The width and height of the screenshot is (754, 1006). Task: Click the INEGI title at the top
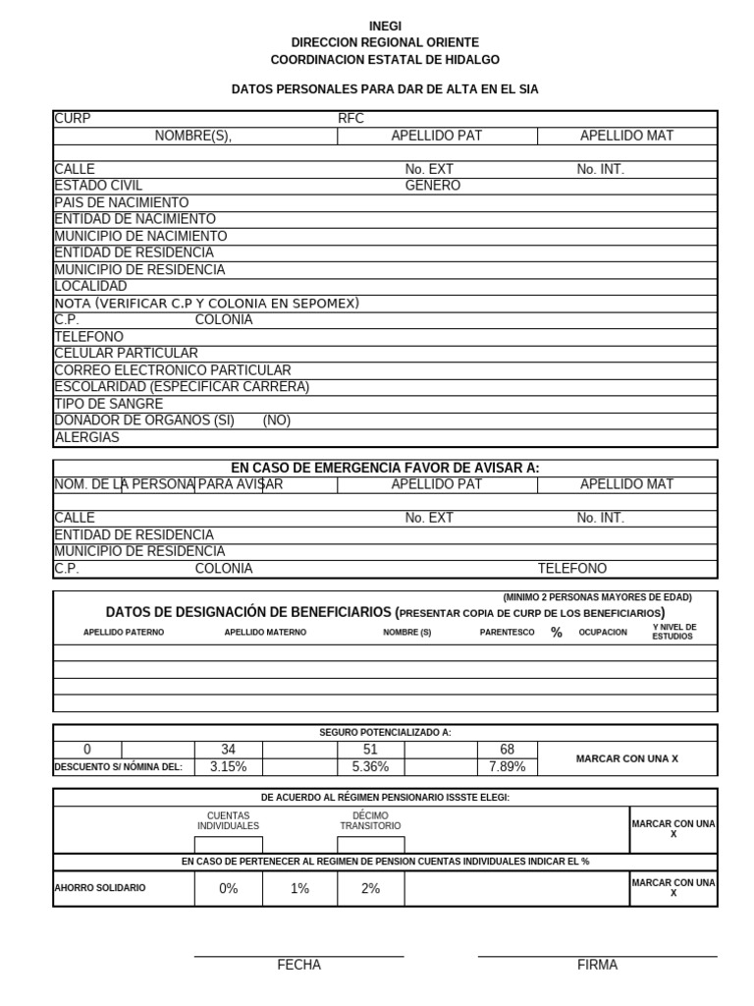[385, 27]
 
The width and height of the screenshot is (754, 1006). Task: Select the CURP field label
[73, 119]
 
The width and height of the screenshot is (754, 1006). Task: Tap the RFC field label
[350, 119]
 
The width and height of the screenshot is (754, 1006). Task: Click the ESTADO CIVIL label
[98, 186]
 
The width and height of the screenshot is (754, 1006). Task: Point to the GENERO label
[432, 186]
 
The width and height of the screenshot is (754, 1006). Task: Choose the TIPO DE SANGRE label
[108, 404]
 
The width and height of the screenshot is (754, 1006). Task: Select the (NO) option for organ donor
[277, 420]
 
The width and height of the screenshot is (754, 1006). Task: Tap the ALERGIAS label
[86, 437]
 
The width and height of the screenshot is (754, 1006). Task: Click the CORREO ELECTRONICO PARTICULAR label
[173, 370]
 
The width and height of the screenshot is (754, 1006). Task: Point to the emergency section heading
[385, 468]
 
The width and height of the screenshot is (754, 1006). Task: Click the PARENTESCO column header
[507, 633]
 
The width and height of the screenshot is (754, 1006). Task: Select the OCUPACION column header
[603, 633]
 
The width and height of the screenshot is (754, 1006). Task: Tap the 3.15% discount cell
[228, 767]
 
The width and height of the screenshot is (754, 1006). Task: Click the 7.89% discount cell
[507, 767]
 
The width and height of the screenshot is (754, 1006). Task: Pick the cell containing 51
[370, 750]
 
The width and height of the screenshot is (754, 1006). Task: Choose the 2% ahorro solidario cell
[370, 888]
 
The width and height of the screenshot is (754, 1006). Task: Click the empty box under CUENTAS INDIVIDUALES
[228, 845]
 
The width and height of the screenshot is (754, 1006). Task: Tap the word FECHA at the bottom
[298, 965]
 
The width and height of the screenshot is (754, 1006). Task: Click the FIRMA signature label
[597, 965]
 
